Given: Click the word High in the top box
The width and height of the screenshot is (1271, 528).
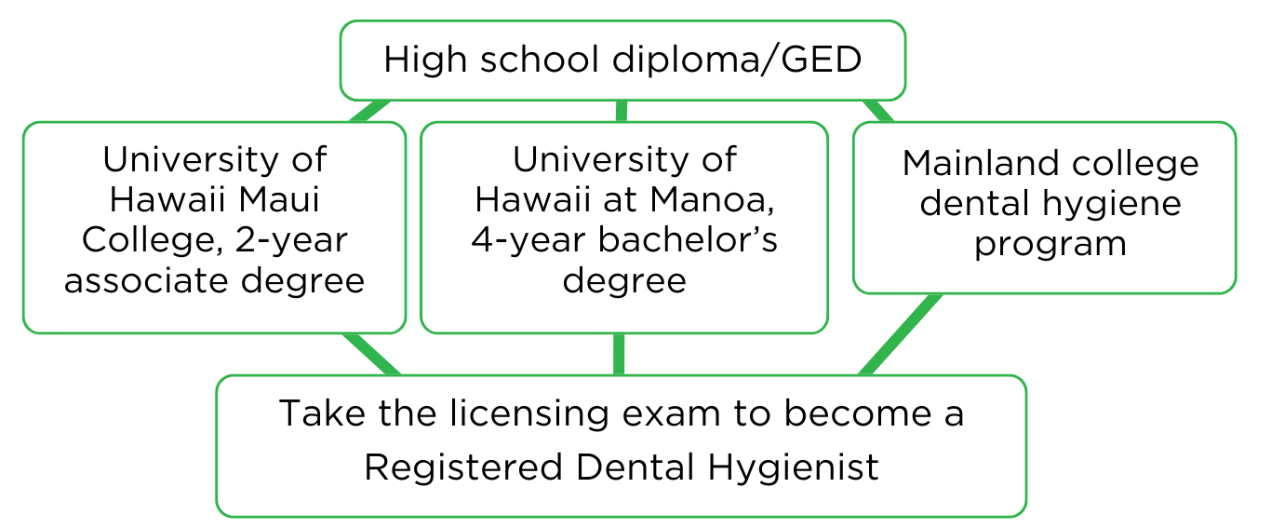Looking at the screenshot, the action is click(x=425, y=61).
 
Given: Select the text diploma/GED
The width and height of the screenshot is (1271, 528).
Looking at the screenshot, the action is click(x=737, y=59).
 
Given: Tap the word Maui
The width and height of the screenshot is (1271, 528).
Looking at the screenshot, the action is click(x=278, y=199).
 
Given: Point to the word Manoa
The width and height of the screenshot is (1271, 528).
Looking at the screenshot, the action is click(x=712, y=200).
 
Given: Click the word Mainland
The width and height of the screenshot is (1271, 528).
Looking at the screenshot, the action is click(x=980, y=163).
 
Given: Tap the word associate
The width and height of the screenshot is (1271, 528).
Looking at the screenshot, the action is click(x=147, y=281).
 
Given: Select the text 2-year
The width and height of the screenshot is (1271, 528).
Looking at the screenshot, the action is click(x=290, y=241).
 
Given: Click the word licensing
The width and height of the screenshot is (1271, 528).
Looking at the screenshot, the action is click(x=529, y=413).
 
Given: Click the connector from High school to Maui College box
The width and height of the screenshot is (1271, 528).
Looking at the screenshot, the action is click(x=369, y=111).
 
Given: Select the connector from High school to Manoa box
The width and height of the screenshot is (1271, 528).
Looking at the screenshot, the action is click(x=622, y=111).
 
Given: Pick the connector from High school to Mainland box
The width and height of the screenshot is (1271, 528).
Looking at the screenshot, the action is click(x=877, y=111).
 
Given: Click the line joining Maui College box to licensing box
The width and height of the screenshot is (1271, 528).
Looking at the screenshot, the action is click(x=371, y=354).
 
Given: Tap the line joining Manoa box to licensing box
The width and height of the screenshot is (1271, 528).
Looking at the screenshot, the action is click(x=619, y=354).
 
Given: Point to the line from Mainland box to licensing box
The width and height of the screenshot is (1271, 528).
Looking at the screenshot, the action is click(x=900, y=334).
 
